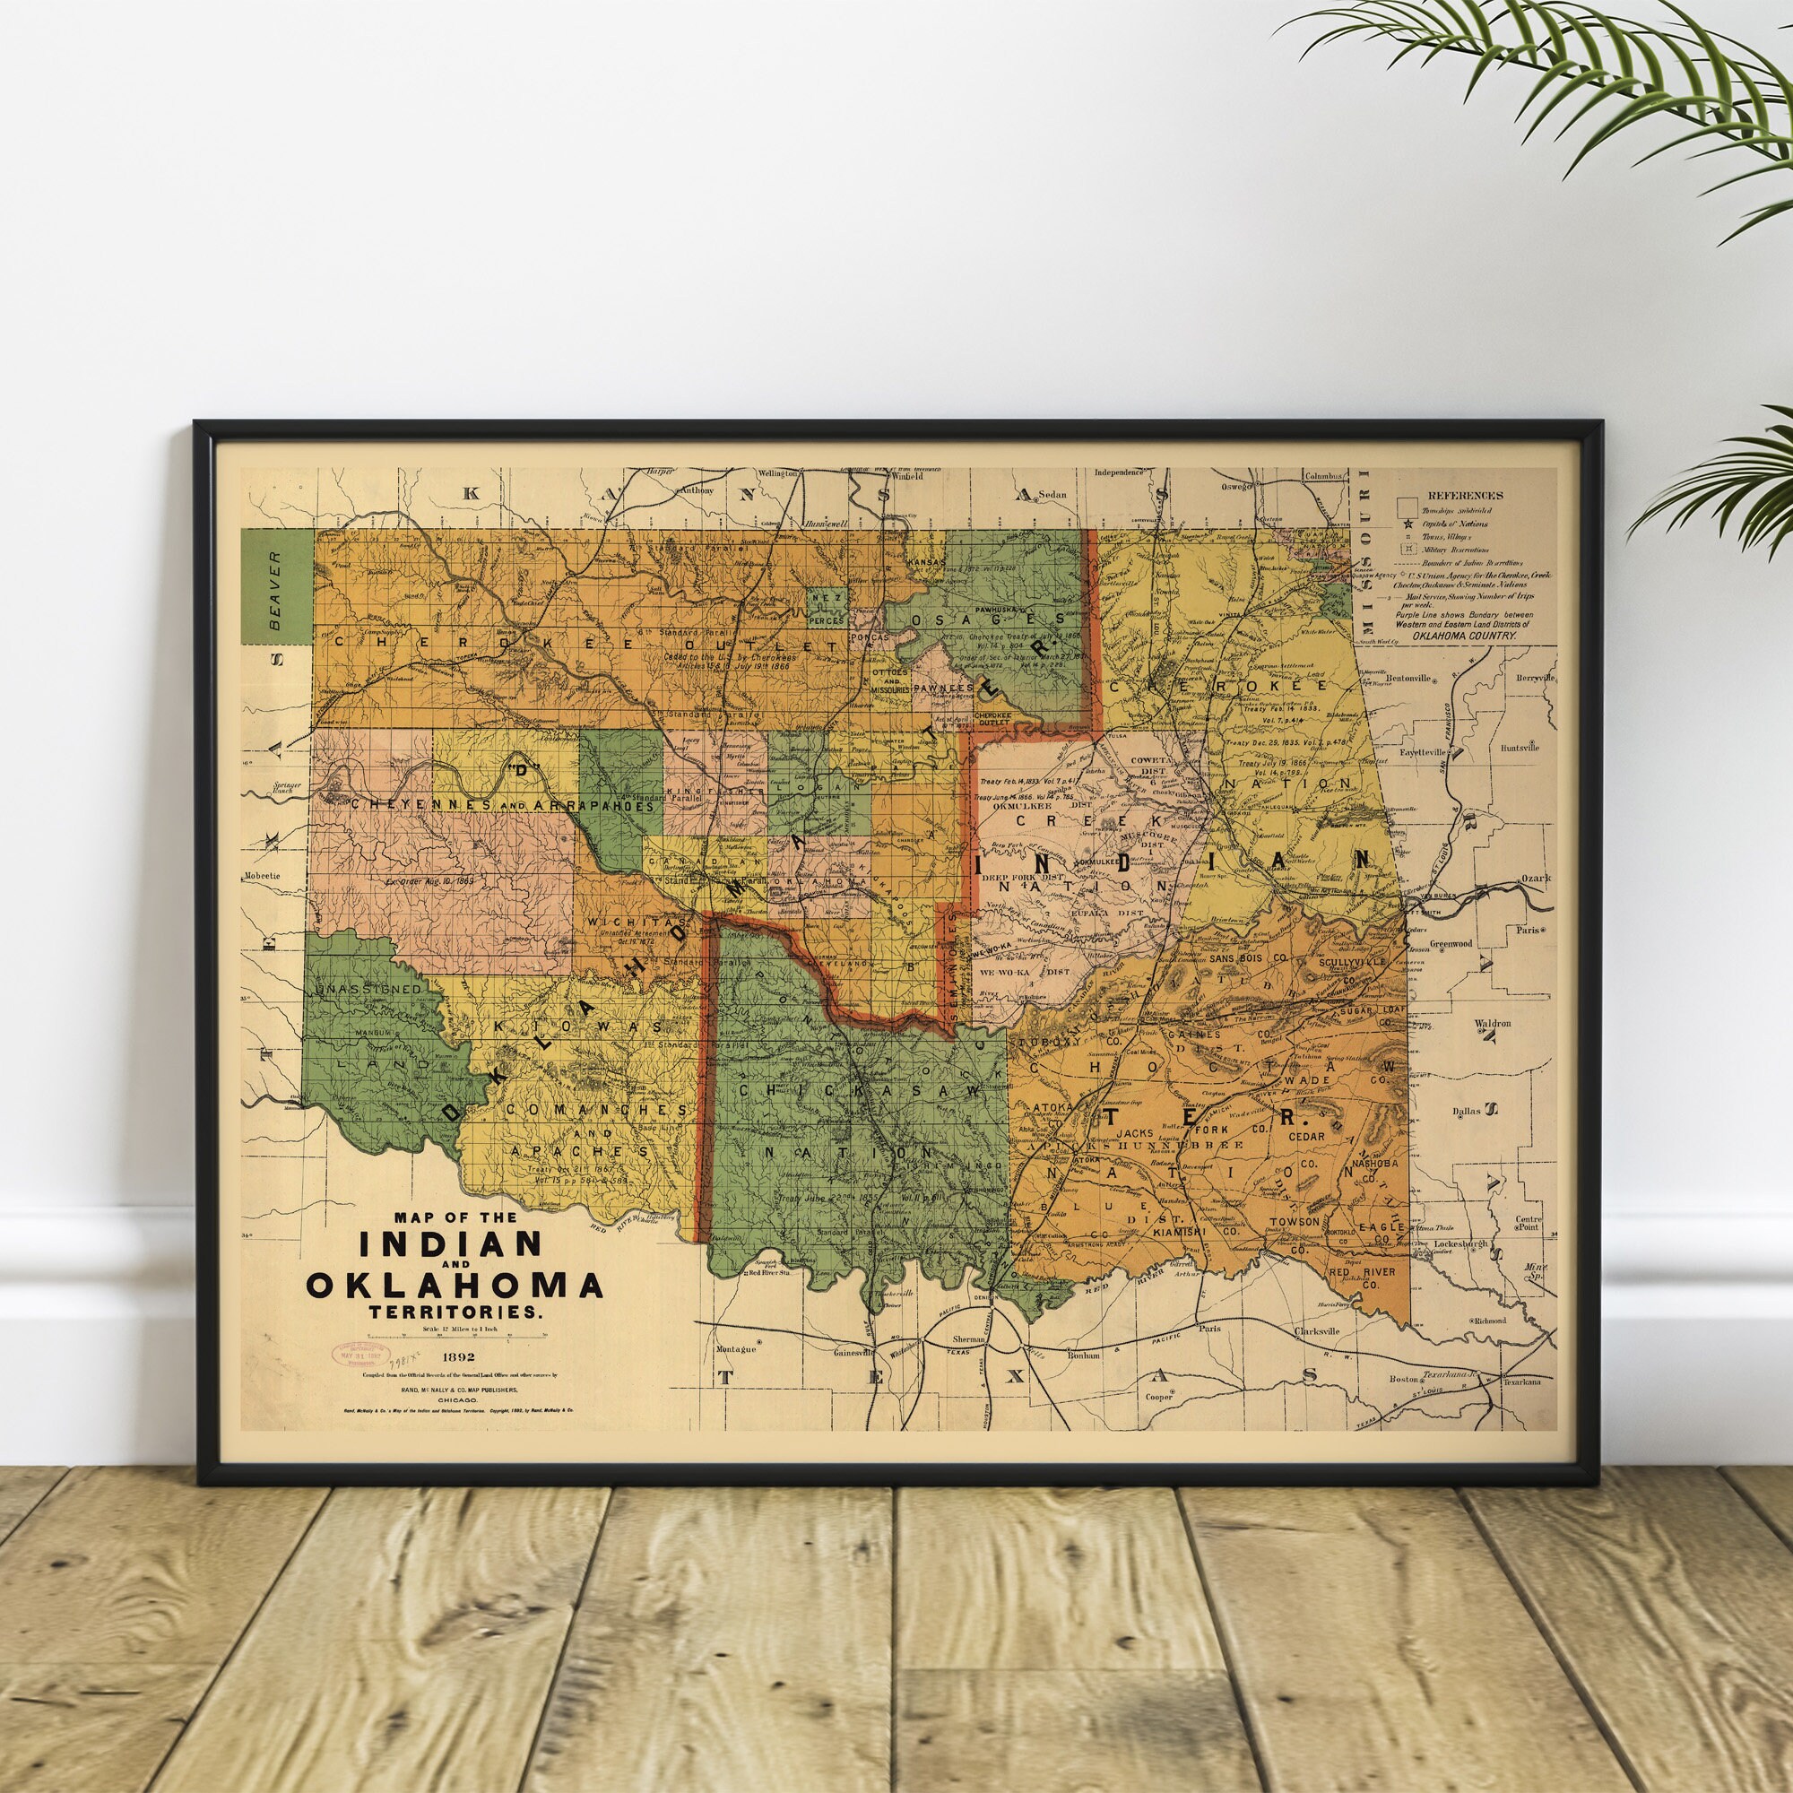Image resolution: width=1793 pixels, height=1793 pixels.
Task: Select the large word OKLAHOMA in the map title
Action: click(455, 1285)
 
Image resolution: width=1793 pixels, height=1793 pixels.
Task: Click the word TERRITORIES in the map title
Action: click(455, 1313)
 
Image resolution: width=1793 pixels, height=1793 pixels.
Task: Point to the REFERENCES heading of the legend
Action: click(1466, 496)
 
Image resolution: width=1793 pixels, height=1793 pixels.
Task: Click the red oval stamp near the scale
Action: click(362, 1354)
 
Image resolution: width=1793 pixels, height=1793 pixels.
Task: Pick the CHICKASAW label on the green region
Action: click(859, 1092)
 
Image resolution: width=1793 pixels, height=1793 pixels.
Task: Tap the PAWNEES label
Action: click(943, 689)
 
